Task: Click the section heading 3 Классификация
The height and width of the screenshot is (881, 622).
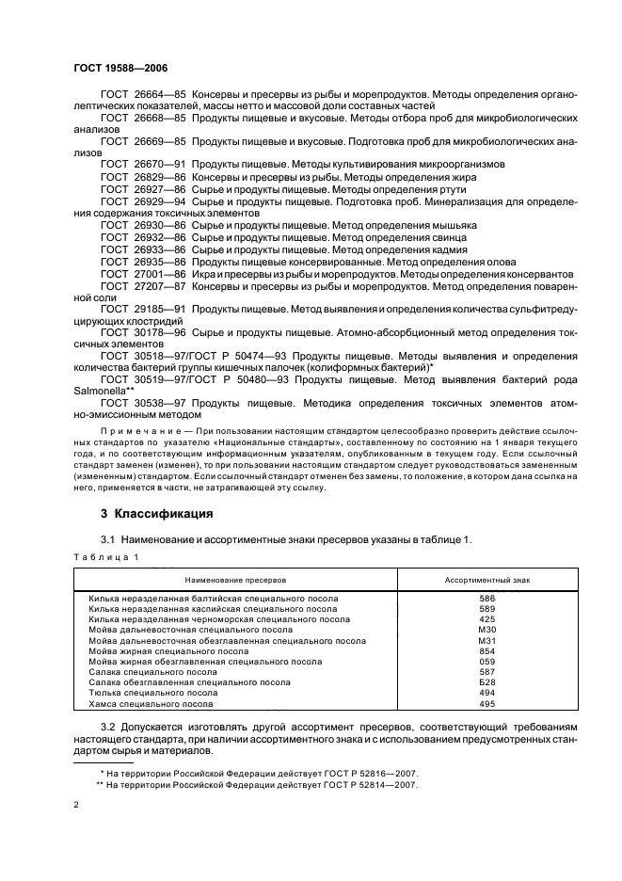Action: [156, 514]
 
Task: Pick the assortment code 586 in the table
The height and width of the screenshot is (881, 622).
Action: [486, 599]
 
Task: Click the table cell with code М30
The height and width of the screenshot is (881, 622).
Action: [486, 630]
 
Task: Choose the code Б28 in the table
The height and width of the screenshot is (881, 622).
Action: [486, 682]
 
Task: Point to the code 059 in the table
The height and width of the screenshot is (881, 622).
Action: [486, 662]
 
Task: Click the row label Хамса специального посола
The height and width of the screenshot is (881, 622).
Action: [151, 704]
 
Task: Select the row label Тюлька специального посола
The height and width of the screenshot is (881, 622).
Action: [152, 694]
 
